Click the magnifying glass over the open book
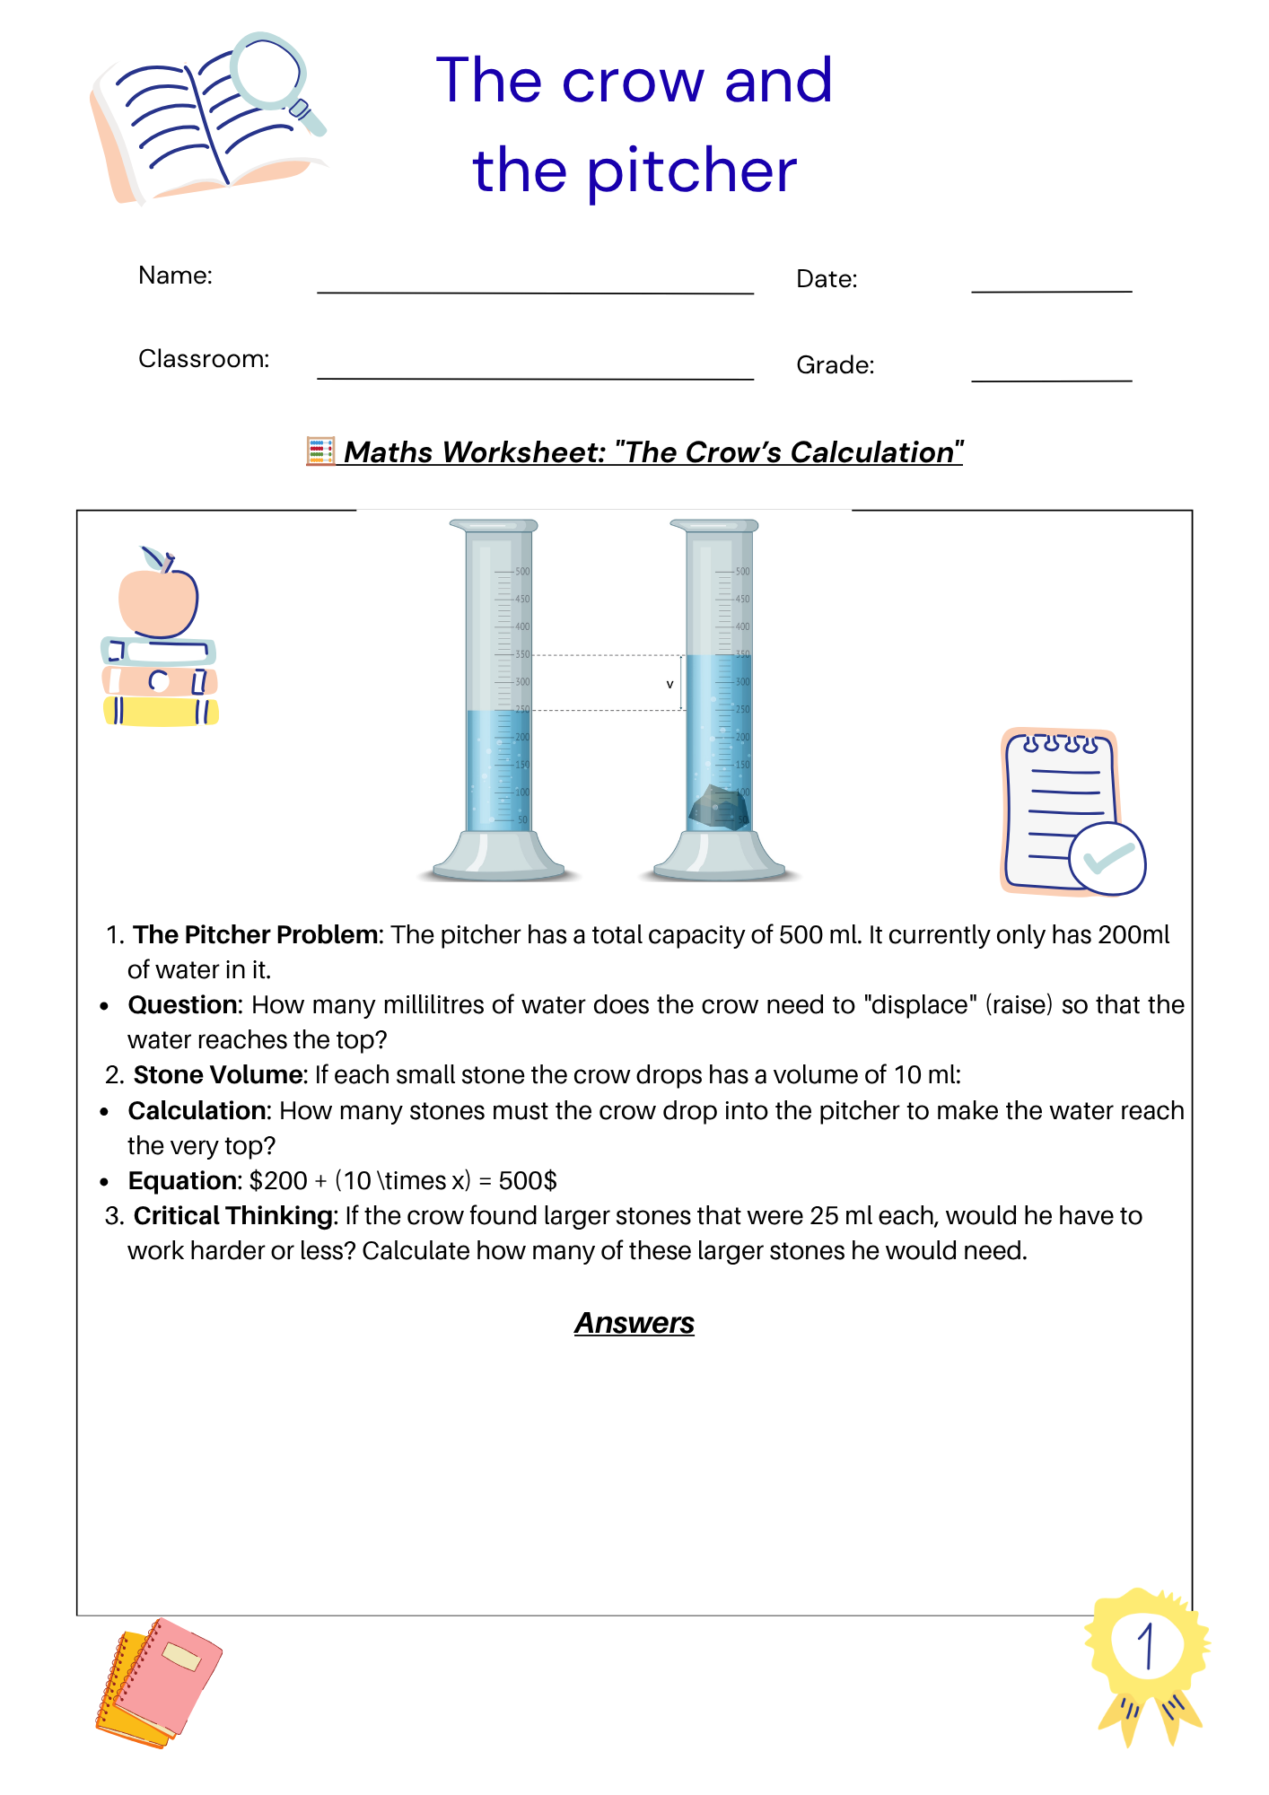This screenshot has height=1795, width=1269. (269, 72)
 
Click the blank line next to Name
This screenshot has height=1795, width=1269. (535, 285)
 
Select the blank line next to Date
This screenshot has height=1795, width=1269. (1051, 285)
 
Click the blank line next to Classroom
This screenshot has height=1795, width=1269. (535, 372)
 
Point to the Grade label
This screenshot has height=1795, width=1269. (835, 365)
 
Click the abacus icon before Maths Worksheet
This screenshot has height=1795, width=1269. (320, 451)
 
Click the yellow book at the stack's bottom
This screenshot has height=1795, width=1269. (161, 712)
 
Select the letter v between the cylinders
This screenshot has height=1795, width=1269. (670, 685)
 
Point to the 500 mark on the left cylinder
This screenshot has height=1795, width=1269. (522, 572)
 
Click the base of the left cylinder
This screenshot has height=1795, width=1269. (498, 858)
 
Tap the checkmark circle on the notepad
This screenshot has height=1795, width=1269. (1107, 859)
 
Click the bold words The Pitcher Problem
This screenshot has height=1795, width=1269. (255, 935)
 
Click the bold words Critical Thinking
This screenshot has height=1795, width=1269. (233, 1216)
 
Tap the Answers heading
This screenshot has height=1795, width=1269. (634, 1323)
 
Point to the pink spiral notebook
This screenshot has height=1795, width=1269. (171, 1674)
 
